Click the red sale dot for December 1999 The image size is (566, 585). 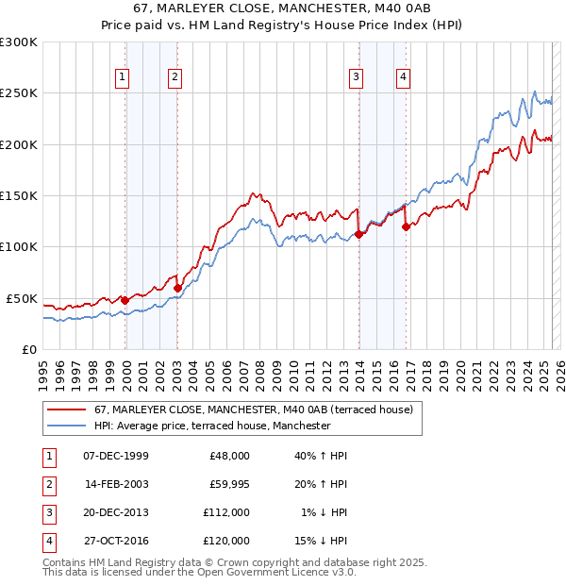(x=125, y=300)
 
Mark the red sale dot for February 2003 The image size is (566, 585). (x=177, y=288)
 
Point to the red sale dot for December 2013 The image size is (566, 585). (x=358, y=235)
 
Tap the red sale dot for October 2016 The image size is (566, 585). (x=406, y=226)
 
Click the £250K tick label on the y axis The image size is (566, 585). (x=19, y=93)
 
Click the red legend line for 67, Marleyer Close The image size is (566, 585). (x=66, y=410)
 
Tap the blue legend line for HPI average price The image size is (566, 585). (x=66, y=426)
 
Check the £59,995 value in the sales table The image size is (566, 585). (x=227, y=484)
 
